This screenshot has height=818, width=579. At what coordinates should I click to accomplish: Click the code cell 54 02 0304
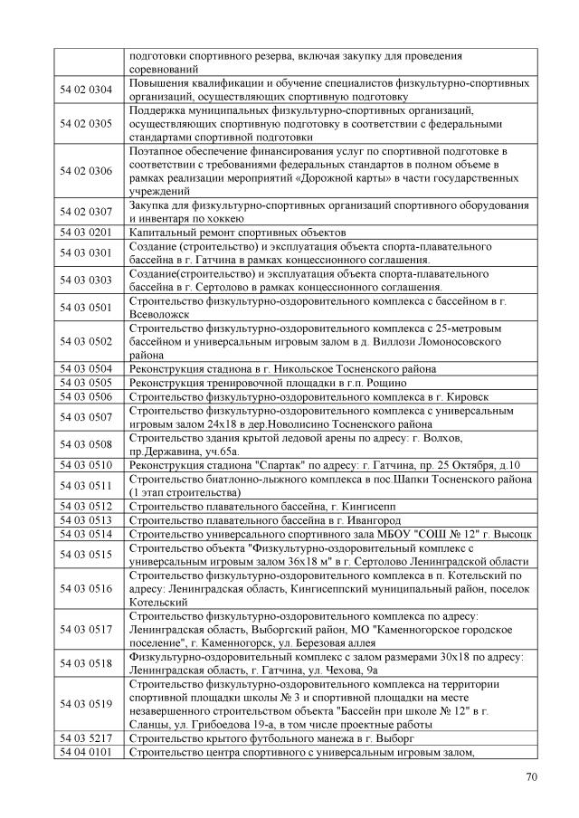coord(86,89)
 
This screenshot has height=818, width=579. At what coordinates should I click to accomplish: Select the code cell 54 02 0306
coord(86,170)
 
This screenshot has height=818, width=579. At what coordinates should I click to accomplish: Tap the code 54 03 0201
coord(86,232)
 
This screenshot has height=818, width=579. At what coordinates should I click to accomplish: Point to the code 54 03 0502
coord(86,341)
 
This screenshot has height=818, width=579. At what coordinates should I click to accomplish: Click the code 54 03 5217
coord(86,738)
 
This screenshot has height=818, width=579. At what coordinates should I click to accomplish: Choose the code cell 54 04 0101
coord(86,752)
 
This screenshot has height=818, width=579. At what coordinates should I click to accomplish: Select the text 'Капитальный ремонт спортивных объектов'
coord(238,232)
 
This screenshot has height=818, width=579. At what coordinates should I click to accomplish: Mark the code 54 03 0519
coord(86,703)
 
